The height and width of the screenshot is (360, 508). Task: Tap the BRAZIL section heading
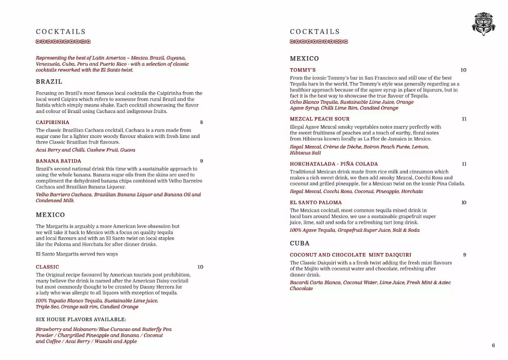49,82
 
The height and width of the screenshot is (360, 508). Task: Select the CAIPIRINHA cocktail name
52,122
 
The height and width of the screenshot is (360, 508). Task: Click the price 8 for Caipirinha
202,122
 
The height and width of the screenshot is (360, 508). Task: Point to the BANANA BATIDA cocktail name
58,161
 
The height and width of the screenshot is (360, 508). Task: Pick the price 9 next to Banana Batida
202,161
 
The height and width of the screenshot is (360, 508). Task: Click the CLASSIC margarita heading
47,267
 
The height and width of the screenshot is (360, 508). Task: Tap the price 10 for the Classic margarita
200,267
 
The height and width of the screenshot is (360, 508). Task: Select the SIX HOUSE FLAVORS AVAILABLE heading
81,319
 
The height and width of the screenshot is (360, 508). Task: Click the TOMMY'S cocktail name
303,70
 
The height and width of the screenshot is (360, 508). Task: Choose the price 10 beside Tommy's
463,70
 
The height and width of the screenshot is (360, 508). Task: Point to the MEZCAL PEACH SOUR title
320,119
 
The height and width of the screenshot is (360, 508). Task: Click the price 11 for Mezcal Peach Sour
464,119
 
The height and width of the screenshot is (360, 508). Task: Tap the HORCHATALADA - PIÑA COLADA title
334,164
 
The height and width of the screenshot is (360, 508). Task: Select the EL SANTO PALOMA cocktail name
316,203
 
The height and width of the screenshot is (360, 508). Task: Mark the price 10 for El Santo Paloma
464,203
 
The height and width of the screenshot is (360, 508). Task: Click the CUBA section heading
300,243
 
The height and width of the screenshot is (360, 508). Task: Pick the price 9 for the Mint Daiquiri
464,255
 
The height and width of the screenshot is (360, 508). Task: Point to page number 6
493,345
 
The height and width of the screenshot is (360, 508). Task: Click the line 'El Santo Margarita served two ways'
77,254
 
